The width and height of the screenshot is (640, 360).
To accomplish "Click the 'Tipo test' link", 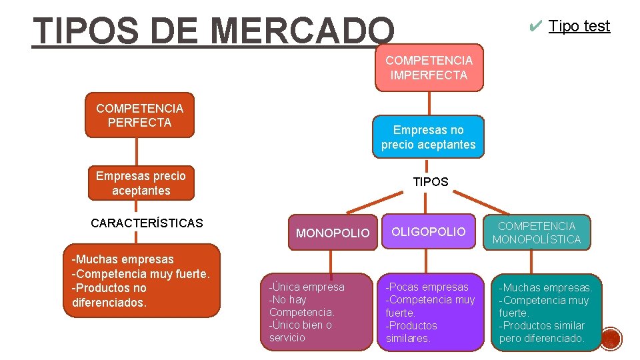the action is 579,26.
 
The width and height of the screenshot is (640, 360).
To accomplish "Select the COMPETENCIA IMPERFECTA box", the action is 429,68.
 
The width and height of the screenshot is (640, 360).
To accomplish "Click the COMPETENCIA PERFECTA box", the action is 139,115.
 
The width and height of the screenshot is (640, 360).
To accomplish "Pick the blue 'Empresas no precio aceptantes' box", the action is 428,137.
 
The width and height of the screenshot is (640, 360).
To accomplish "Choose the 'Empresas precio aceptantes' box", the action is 141,183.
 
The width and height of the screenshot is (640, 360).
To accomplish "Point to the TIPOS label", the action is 431,181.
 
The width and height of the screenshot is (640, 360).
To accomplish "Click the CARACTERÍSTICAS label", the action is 147,223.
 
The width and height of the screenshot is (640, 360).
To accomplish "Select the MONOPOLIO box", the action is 332,233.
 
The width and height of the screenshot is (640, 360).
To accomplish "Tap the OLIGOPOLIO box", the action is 428,232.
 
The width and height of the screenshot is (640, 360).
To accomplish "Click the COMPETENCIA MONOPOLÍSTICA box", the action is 537,233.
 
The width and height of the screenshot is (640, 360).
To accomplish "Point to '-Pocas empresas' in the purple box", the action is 427,287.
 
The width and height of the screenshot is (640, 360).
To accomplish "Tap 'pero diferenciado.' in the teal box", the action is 541,338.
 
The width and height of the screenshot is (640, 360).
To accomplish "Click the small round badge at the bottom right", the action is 611,339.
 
